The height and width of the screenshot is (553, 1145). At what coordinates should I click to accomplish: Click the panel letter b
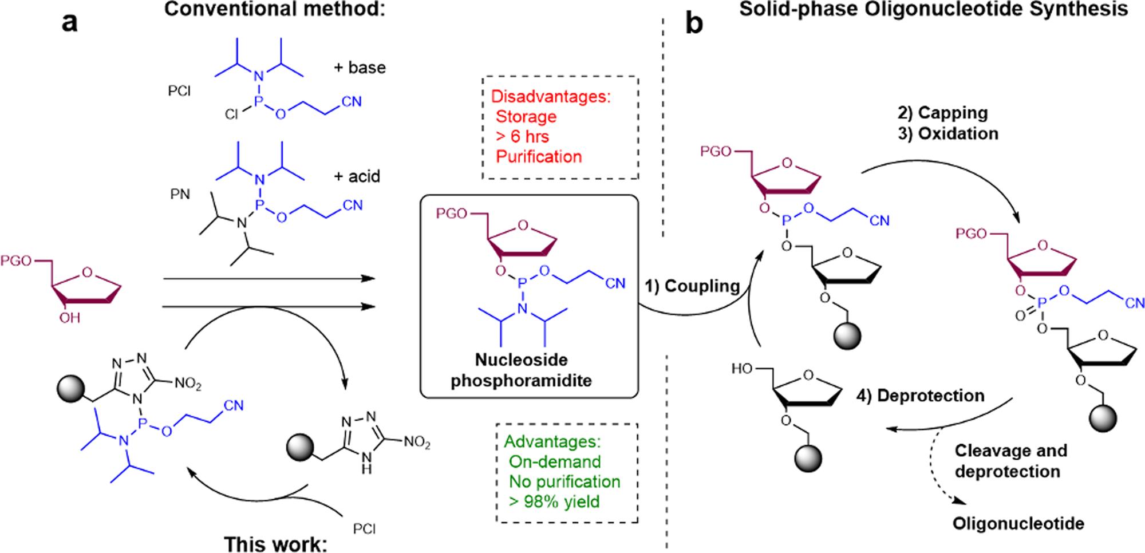pyautogui.click(x=694, y=24)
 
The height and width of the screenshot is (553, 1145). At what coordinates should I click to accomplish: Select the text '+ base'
pyautogui.click(x=360, y=68)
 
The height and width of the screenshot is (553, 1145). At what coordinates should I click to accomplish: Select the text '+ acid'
pyautogui.click(x=357, y=176)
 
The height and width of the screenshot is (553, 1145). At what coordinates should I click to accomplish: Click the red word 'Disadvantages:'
pyautogui.click(x=551, y=96)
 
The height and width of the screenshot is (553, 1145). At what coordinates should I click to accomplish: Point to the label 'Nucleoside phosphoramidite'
pyautogui.click(x=521, y=370)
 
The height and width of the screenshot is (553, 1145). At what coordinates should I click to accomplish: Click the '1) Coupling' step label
pyautogui.click(x=692, y=286)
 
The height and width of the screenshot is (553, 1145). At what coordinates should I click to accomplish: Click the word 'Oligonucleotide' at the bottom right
pyautogui.click(x=1018, y=523)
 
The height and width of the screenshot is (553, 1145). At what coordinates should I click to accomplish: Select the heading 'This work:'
pyautogui.click(x=275, y=543)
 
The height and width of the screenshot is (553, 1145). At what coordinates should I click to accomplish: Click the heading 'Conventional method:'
pyautogui.click(x=274, y=10)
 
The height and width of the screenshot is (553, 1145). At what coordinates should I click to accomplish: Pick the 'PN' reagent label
pyautogui.click(x=180, y=195)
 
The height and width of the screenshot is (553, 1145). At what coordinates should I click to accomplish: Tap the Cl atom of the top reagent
pyautogui.click(x=231, y=115)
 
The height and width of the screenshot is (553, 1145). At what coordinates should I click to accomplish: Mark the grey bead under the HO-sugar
pyautogui.click(x=807, y=459)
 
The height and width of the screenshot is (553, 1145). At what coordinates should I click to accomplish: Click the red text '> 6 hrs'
pyautogui.click(x=522, y=137)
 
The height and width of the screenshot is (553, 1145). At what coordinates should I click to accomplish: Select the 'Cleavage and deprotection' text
pyautogui.click(x=1010, y=461)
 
